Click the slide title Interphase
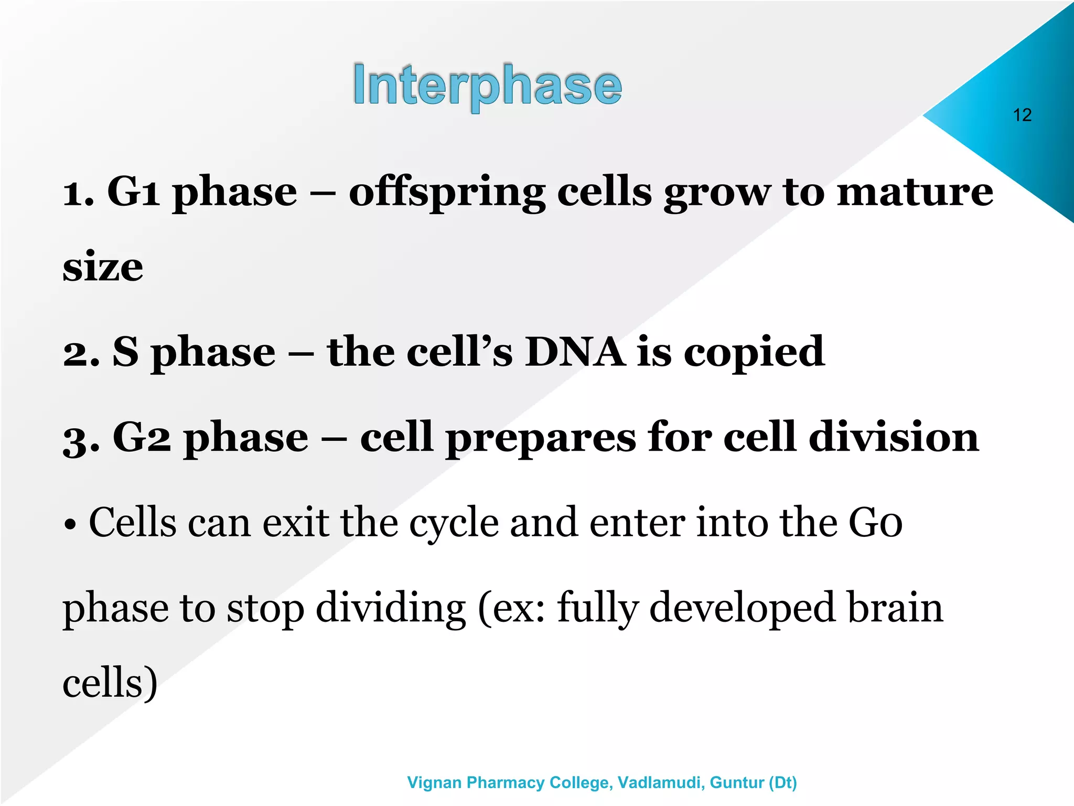(487, 86)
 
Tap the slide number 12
(1022, 115)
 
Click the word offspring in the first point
(446, 193)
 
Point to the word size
(103, 267)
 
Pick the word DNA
(575, 352)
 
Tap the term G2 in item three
(142, 437)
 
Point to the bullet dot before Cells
(70, 525)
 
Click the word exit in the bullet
(295, 523)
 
